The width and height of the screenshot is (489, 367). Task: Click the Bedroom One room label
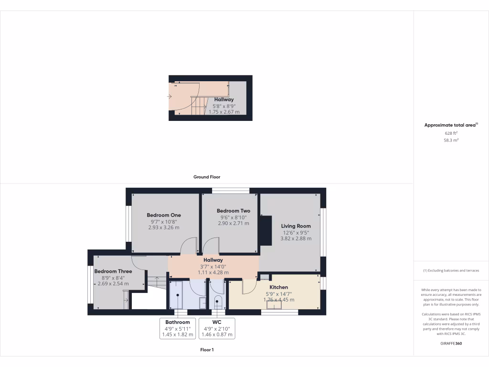pyautogui.click(x=163, y=215)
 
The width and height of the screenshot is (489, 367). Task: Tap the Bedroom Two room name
pyautogui.click(x=233, y=211)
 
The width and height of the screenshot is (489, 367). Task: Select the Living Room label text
pyautogui.click(x=296, y=226)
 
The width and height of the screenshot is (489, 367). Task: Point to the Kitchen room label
pyautogui.click(x=278, y=287)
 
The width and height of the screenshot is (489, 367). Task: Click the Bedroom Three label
pyautogui.click(x=113, y=271)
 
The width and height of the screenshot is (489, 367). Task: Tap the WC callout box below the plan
pyautogui.click(x=216, y=328)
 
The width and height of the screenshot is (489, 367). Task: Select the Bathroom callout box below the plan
pyautogui.click(x=178, y=328)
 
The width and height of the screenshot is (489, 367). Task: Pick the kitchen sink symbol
pyautogui.click(x=277, y=304)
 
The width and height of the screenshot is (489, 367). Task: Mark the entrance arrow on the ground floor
pyautogui.click(x=169, y=97)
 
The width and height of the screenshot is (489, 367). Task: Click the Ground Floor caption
pyautogui.click(x=206, y=177)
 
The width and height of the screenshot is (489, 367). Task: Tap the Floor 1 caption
pyautogui.click(x=206, y=350)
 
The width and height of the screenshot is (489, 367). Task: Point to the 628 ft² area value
pyautogui.click(x=451, y=133)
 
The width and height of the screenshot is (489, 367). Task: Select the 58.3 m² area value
pyautogui.click(x=451, y=141)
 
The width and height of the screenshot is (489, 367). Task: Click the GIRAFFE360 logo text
pyautogui.click(x=451, y=343)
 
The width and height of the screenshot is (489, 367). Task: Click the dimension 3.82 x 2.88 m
pyautogui.click(x=296, y=238)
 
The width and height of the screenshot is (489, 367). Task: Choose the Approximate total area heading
pyautogui.click(x=451, y=125)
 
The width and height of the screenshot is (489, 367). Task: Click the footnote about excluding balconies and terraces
pyautogui.click(x=451, y=270)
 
